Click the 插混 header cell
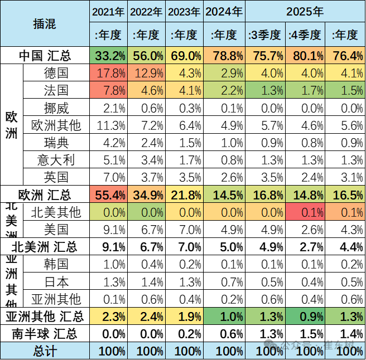[45, 23]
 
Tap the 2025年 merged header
[305, 11]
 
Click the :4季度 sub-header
[305, 35]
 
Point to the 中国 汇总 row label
[45, 56]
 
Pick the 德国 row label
[56, 74]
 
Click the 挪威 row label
[56, 108]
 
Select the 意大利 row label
[56, 160]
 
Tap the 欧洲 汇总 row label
[45, 194]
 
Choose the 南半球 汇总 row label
[45, 334]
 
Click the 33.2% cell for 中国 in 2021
[109, 56]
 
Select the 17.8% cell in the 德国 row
[109, 74]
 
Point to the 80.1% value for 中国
[305, 56]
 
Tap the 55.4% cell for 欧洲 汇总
[109, 194]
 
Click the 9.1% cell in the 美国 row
[109, 229]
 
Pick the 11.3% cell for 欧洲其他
[109, 125]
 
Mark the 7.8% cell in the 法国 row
[109, 91]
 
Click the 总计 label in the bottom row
[45, 351]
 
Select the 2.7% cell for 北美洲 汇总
[305, 246]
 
